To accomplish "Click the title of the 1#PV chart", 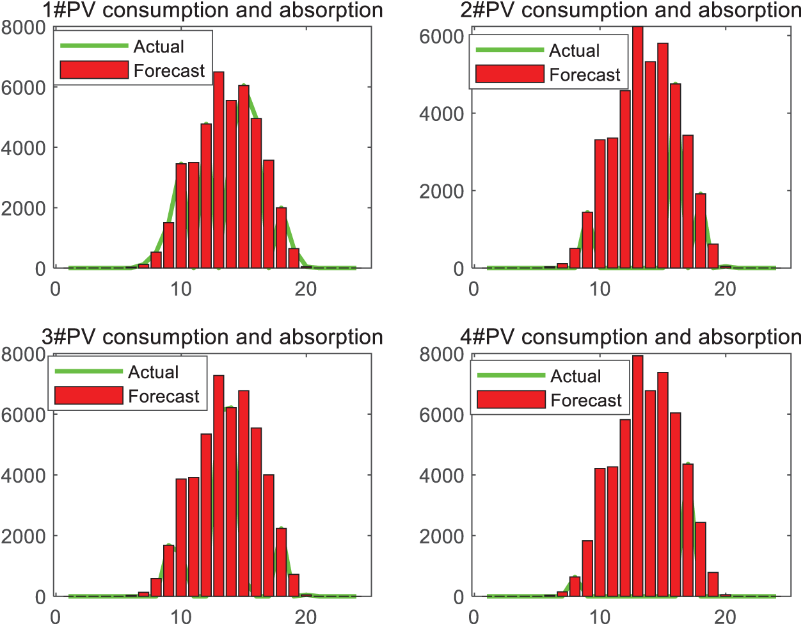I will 212,11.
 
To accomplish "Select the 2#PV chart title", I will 630,11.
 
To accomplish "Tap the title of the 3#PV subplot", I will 212,337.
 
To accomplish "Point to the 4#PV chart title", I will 630,337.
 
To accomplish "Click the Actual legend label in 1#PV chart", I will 159,47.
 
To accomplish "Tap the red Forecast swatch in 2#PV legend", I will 510,74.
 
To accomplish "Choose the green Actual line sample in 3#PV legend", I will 89,371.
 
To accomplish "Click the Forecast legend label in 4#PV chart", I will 586,401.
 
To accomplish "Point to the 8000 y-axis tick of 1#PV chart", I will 23,28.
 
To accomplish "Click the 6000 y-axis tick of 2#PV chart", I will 441,36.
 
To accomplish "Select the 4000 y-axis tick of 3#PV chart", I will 23,476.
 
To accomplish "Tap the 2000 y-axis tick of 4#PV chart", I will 441,536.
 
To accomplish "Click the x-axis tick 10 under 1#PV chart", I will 181,289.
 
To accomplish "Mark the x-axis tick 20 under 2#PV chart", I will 725,289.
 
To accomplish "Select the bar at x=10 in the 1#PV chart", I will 181,216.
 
